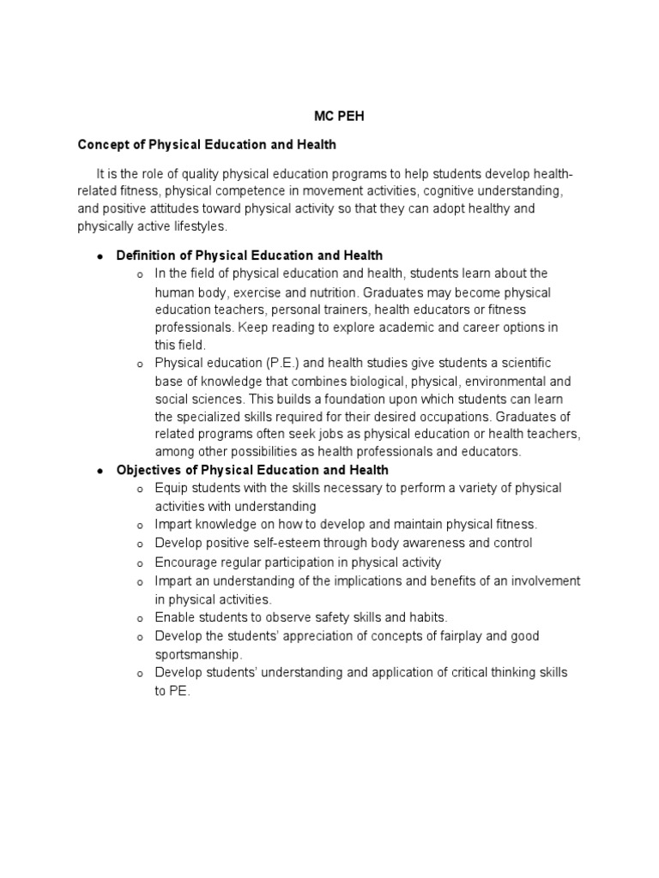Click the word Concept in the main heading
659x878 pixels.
pos(103,144)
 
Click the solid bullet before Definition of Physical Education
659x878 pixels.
pos(100,256)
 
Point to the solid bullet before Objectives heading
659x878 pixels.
pos(100,471)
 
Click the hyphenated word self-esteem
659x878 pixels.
pos(283,543)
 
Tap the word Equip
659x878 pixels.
pos(170,488)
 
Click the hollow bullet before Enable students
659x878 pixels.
pos(138,618)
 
